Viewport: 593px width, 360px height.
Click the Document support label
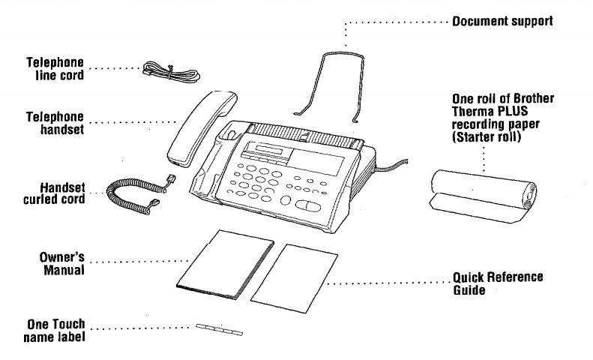pos(502,21)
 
